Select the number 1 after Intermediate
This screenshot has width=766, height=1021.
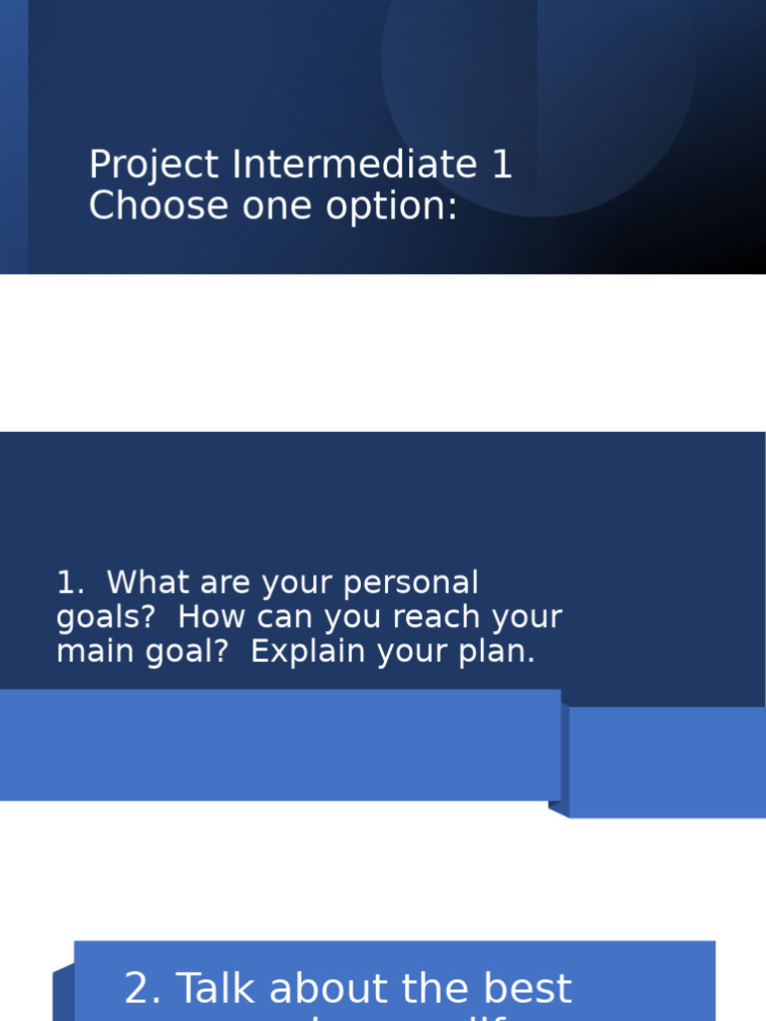(x=502, y=165)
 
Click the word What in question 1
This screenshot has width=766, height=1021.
(x=145, y=583)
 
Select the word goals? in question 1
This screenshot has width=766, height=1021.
(x=106, y=618)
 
